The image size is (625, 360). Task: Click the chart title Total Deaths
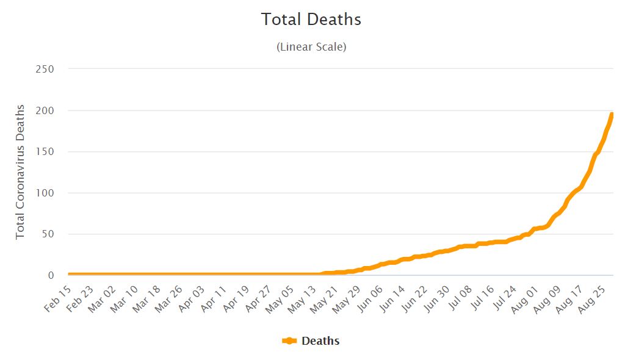[x=311, y=20]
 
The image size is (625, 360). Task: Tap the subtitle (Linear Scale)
[x=311, y=47]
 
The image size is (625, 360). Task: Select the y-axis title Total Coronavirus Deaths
[x=20, y=171]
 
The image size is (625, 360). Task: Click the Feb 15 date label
[x=59, y=298]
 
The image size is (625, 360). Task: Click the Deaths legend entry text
[x=320, y=341]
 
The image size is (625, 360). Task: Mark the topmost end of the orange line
[x=611, y=115]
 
